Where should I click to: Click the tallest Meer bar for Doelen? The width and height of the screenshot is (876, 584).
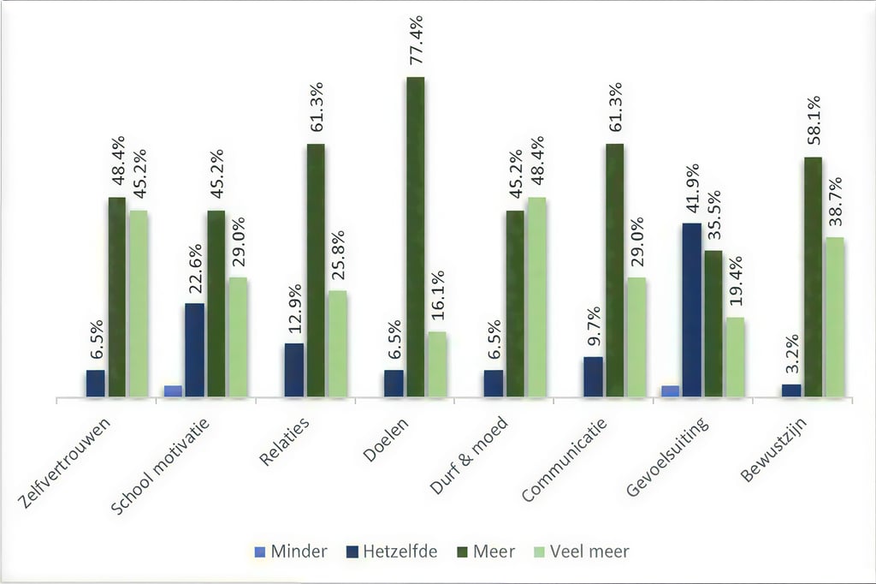[415, 237]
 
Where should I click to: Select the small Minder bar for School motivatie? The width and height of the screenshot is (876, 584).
[174, 391]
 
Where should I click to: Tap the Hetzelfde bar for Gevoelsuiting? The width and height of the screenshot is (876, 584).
[691, 310]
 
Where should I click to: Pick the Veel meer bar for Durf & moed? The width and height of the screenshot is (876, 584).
[536, 297]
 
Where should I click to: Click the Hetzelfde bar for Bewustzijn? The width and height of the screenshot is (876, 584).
[791, 390]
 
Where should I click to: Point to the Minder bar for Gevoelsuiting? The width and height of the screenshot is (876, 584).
[671, 391]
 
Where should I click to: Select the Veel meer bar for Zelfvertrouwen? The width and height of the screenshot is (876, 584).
[138, 304]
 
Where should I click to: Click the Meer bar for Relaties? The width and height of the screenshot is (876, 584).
[316, 271]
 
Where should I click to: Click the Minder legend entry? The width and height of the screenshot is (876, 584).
[291, 551]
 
